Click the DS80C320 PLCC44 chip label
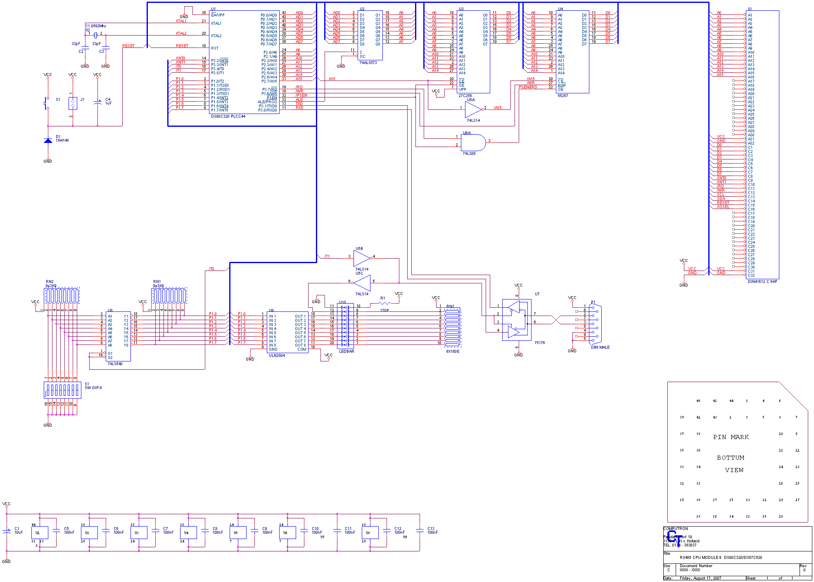tap(228, 116)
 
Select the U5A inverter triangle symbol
tap(472, 109)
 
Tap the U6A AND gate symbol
tap(472, 143)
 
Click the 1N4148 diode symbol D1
tap(48, 140)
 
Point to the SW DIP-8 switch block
tap(62, 390)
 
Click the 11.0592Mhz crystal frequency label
tap(96, 26)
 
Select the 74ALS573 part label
tap(368, 63)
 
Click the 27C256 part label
tap(465, 96)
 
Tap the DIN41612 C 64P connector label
tap(762, 282)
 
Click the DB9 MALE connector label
tap(600, 347)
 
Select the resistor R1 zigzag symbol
tap(384, 304)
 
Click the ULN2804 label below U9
tap(277, 356)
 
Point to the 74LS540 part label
tap(115, 364)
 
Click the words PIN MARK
tap(731, 437)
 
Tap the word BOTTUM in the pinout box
tap(731, 458)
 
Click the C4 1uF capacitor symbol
tap(97, 102)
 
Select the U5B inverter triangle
tap(362, 258)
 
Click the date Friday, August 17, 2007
tap(700, 578)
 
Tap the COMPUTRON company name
tap(676, 529)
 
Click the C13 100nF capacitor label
tap(432, 530)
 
